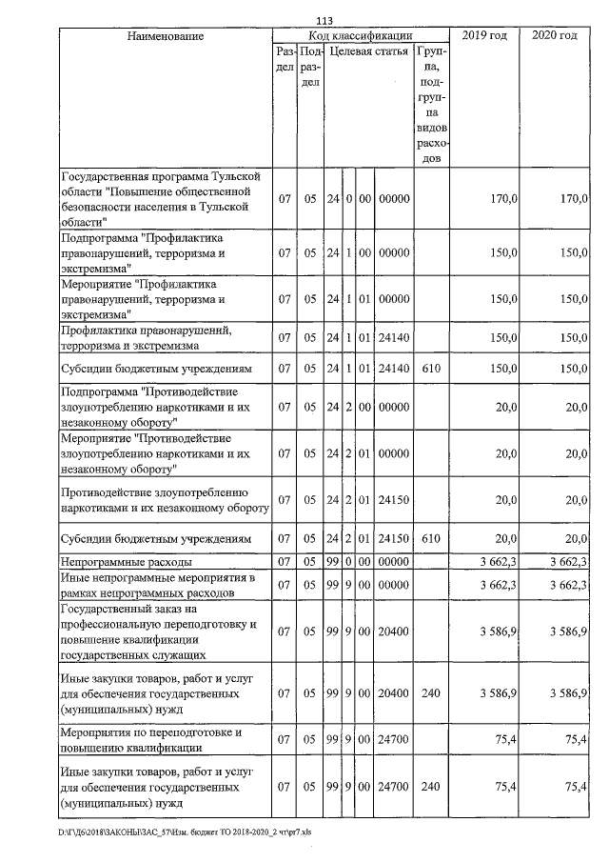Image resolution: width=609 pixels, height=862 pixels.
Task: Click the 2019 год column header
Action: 483,36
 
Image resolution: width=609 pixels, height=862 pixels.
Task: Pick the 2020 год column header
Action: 555,36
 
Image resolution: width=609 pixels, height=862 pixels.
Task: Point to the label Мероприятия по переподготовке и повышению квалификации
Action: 152,739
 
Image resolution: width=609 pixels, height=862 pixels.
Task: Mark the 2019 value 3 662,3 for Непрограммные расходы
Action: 498,563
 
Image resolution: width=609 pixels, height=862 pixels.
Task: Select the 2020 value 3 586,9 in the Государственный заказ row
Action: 568,631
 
